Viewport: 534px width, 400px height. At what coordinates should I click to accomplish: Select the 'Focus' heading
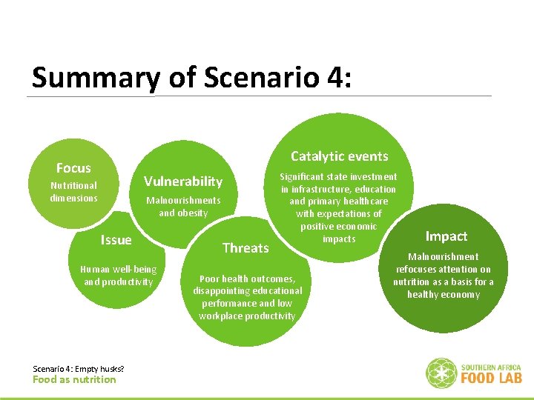(73, 168)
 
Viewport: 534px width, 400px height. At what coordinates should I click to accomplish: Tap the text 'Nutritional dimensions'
(73, 192)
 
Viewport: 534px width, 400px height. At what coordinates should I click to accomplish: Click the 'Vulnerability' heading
(182, 181)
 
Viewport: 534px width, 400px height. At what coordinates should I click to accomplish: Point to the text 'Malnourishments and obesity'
(183, 207)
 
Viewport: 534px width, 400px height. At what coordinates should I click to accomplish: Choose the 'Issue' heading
(116, 239)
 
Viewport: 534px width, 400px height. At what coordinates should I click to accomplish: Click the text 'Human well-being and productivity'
(118, 276)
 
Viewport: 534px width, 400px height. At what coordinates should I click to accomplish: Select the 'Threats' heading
(245, 247)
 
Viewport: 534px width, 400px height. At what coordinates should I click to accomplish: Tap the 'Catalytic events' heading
(339, 156)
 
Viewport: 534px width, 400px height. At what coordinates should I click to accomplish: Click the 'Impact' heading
(446, 236)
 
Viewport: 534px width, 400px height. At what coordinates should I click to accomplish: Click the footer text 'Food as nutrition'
(74, 380)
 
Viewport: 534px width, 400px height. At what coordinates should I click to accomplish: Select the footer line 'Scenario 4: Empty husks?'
(79, 369)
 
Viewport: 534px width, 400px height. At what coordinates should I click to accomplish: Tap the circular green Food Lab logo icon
(441, 373)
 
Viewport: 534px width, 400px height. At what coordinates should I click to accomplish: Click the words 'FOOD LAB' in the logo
(491, 378)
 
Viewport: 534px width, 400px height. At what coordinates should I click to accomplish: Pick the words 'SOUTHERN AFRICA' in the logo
(491, 367)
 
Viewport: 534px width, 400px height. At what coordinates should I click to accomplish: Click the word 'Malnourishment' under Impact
(444, 257)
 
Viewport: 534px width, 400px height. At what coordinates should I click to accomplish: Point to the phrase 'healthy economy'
(444, 295)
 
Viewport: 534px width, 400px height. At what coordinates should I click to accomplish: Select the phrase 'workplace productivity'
(247, 316)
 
